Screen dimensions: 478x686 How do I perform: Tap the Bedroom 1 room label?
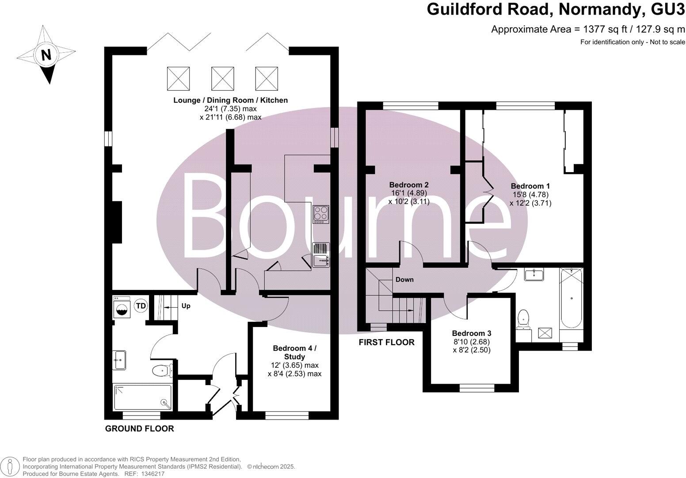tap(530, 186)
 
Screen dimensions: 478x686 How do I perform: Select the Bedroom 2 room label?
tap(408, 185)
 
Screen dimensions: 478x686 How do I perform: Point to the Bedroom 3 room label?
tap(471, 333)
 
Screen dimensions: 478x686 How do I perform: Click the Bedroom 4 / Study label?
tap(294, 352)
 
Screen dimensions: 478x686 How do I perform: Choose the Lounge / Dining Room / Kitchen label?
tap(230, 100)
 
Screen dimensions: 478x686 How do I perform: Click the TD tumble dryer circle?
tap(141, 305)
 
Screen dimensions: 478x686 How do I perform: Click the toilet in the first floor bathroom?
tap(523, 318)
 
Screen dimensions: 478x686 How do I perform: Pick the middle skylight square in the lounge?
tap(222, 78)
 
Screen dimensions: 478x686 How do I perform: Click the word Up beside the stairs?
tap(186, 306)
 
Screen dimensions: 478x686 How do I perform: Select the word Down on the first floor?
tap(404, 280)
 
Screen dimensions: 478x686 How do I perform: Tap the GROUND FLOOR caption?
tap(139, 428)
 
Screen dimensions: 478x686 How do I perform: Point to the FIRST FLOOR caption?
tap(386, 342)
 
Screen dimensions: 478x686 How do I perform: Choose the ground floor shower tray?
tap(142, 397)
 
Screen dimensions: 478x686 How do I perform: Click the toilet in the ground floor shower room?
tap(162, 370)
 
